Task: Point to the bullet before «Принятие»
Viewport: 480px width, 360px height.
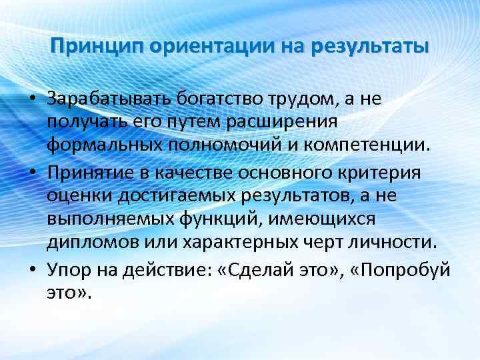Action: tap(31, 173)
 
